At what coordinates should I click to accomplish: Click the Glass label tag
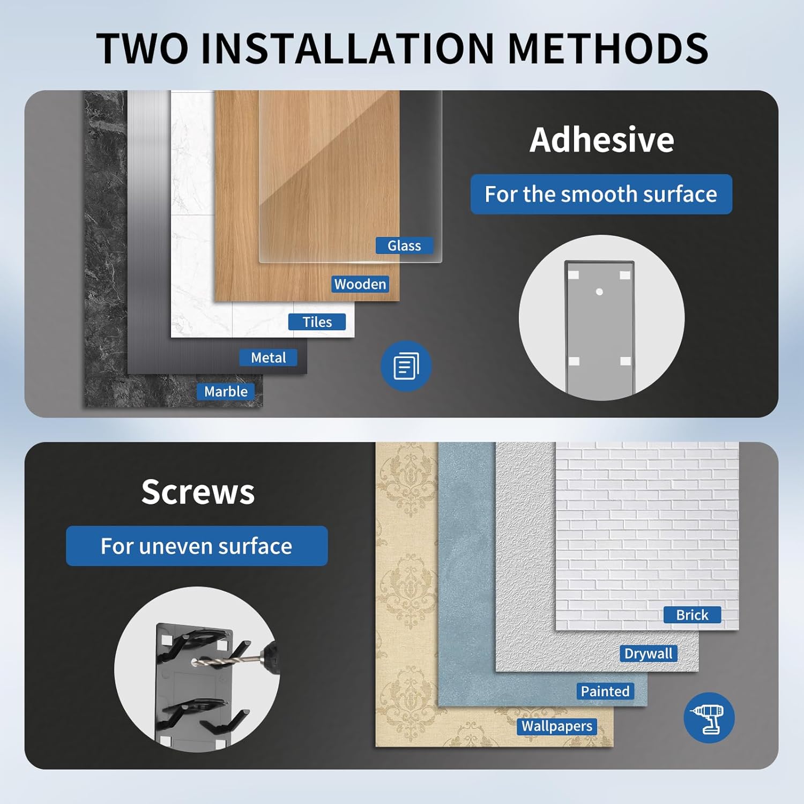(x=404, y=245)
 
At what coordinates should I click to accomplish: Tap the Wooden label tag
(x=360, y=284)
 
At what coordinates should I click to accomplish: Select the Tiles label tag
(x=317, y=322)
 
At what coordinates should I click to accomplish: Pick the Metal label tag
(x=269, y=358)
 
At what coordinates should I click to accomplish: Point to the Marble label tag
(x=226, y=391)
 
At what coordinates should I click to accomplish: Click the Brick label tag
(x=692, y=615)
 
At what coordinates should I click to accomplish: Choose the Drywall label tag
(x=649, y=653)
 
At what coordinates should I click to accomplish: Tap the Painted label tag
(x=605, y=691)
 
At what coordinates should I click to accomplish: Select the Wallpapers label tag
(x=557, y=726)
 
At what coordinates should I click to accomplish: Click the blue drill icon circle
(x=709, y=718)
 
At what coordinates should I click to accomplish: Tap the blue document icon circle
(x=406, y=366)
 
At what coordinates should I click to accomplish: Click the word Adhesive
(x=602, y=140)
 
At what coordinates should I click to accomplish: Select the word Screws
(x=198, y=492)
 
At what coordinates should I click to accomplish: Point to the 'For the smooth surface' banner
(x=601, y=194)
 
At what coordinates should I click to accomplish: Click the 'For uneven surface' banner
(x=197, y=546)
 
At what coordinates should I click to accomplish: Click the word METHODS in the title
(x=608, y=48)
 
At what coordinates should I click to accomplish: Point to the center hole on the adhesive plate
(x=599, y=292)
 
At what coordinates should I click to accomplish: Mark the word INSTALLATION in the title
(x=347, y=48)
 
